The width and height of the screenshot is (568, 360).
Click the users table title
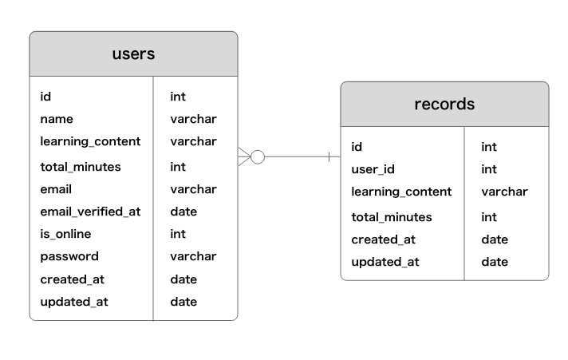(133, 54)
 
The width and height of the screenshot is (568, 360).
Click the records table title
(444, 105)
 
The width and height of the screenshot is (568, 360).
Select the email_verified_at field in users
(90, 212)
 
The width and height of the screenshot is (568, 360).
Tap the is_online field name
(65, 234)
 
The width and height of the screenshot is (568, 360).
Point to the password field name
(69, 256)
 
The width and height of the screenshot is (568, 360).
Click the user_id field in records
(373, 169)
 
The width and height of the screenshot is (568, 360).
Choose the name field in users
(57, 119)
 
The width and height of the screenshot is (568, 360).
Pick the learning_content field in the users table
(90, 141)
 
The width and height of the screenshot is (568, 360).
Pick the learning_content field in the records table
(401, 192)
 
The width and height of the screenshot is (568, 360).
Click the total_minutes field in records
(391, 217)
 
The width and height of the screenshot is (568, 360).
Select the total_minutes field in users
(81, 167)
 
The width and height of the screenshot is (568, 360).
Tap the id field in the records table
(357, 147)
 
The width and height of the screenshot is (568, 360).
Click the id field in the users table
(45, 97)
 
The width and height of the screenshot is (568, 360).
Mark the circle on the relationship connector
(257, 157)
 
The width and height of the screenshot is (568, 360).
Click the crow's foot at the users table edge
(243, 157)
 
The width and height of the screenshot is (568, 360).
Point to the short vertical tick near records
(329, 157)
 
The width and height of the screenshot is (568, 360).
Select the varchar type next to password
(193, 256)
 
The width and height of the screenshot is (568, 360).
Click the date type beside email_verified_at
(183, 212)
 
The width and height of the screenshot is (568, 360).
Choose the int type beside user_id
(488, 169)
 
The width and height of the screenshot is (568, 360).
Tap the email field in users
(56, 189)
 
